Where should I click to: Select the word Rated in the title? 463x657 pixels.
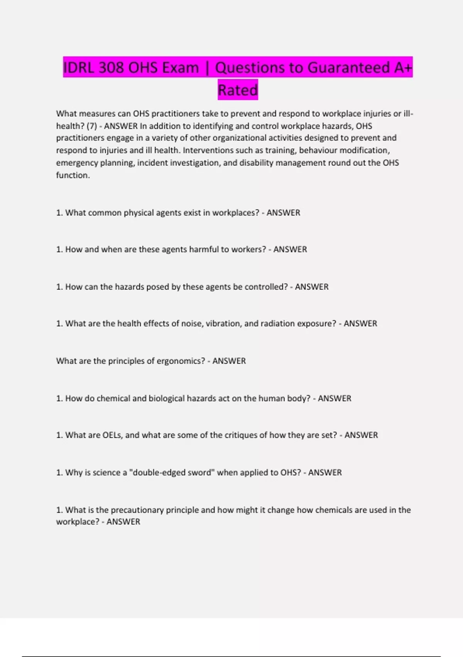(238, 90)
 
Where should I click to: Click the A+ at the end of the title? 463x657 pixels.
(403, 68)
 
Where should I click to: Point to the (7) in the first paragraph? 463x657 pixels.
(91, 126)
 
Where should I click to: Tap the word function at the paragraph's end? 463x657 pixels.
(73, 175)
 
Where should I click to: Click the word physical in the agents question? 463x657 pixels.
(139, 213)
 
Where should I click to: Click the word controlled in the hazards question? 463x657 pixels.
(266, 287)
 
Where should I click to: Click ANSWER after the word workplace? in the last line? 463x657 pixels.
(123, 522)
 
